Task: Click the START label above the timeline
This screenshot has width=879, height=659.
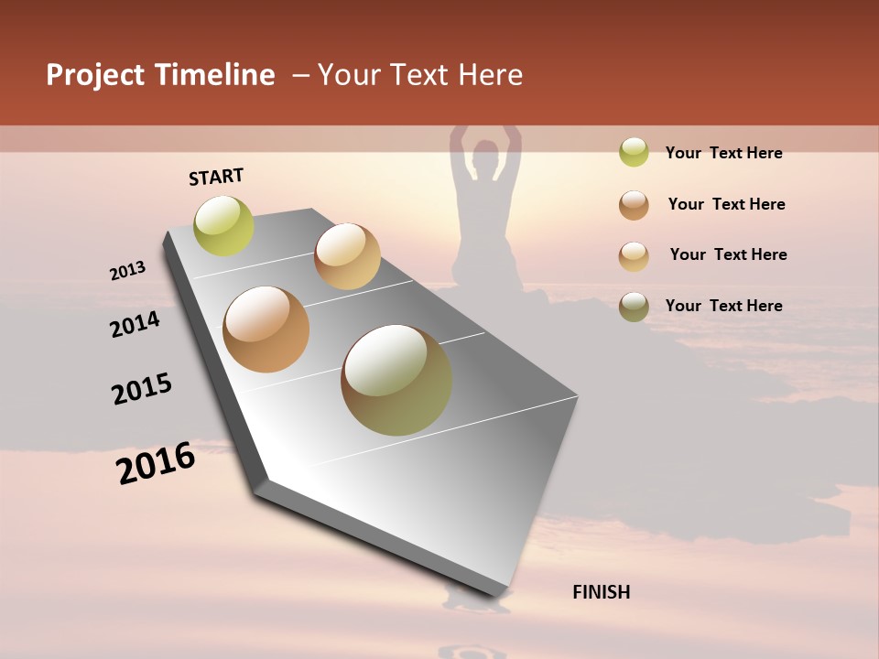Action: click(x=216, y=177)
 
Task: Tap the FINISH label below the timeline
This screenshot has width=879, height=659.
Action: click(x=601, y=592)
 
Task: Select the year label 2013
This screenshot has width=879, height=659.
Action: click(x=128, y=271)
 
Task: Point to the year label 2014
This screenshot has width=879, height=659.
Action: click(x=135, y=324)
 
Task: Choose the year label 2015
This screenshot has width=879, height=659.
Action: click(x=142, y=388)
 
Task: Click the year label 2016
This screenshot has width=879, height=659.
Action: click(x=156, y=463)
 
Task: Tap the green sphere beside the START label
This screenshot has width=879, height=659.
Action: click(x=224, y=225)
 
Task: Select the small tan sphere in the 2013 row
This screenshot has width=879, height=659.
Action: click(x=347, y=256)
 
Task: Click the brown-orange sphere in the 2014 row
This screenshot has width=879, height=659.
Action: click(x=266, y=329)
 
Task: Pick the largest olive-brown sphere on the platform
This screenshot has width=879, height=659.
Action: click(x=396, y=380)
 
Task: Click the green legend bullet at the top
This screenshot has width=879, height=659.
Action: click(x=634, y=153)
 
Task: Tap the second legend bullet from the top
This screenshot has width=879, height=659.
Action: click(x=634, y=205)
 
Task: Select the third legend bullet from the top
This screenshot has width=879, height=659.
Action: click(x=634, y=256)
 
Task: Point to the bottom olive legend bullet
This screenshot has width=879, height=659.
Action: click(x=634, y=307)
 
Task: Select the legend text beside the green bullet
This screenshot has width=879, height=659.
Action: click(x=723, y=153)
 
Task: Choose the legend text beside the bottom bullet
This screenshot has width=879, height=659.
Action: click(x=723, y=306)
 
